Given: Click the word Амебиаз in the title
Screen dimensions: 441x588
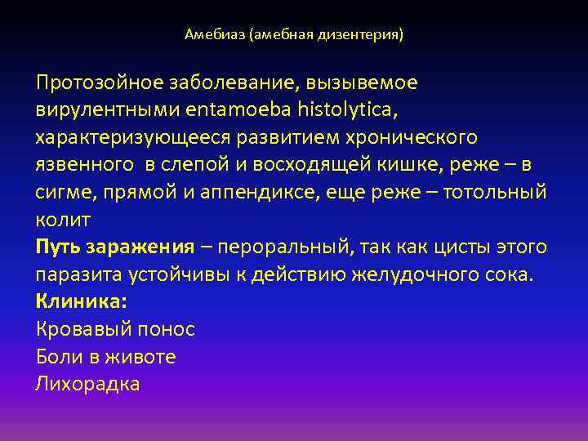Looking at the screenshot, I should point(215,35).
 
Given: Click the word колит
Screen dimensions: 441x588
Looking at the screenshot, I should point(62,220).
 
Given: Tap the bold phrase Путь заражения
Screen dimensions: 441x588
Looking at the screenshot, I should point(114,247).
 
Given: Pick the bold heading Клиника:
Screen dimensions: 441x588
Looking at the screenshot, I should point(82,302).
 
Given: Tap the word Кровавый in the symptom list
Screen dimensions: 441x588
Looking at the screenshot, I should point(86,329).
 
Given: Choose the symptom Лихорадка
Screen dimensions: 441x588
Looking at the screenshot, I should point(88,384).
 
